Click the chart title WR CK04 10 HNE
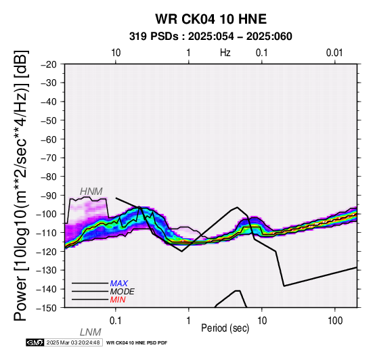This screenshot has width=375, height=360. coord(211,19)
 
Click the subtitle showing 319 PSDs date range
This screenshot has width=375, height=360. coord(211,37)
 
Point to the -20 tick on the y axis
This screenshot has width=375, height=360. coord(49,64)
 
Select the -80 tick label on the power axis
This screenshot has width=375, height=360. coord(49,177)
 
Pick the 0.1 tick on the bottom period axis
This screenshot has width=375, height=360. coord(115,321)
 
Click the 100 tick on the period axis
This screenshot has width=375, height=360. coord(335,321)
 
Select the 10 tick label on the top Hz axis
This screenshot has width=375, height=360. coord(116,53)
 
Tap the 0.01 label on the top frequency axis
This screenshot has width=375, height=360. coord(334,53)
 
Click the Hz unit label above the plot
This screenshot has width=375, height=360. coord(225,53)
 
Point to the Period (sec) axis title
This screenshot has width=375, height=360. coord(225,328)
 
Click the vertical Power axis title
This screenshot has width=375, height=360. coord(20,185)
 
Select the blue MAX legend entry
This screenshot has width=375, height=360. coord(119,284)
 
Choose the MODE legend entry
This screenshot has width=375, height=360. coord(123,292)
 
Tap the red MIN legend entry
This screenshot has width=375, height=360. coord(118,300)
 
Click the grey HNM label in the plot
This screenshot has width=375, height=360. coord(91,192)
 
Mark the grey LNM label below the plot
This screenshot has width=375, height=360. coord(91,332)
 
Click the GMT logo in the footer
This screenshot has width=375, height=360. coord(35,342)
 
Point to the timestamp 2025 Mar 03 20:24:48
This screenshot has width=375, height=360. coord(73,342)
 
